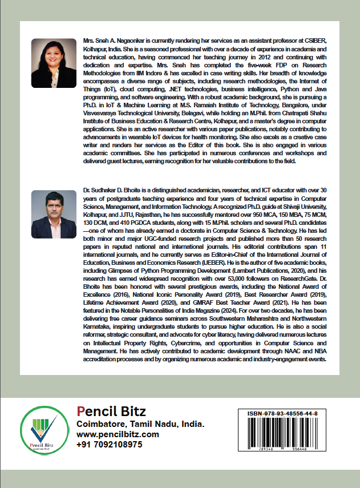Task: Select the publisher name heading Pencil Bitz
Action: (111, 411)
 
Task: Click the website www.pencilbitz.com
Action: (118, 434)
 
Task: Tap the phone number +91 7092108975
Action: (109, 445)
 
